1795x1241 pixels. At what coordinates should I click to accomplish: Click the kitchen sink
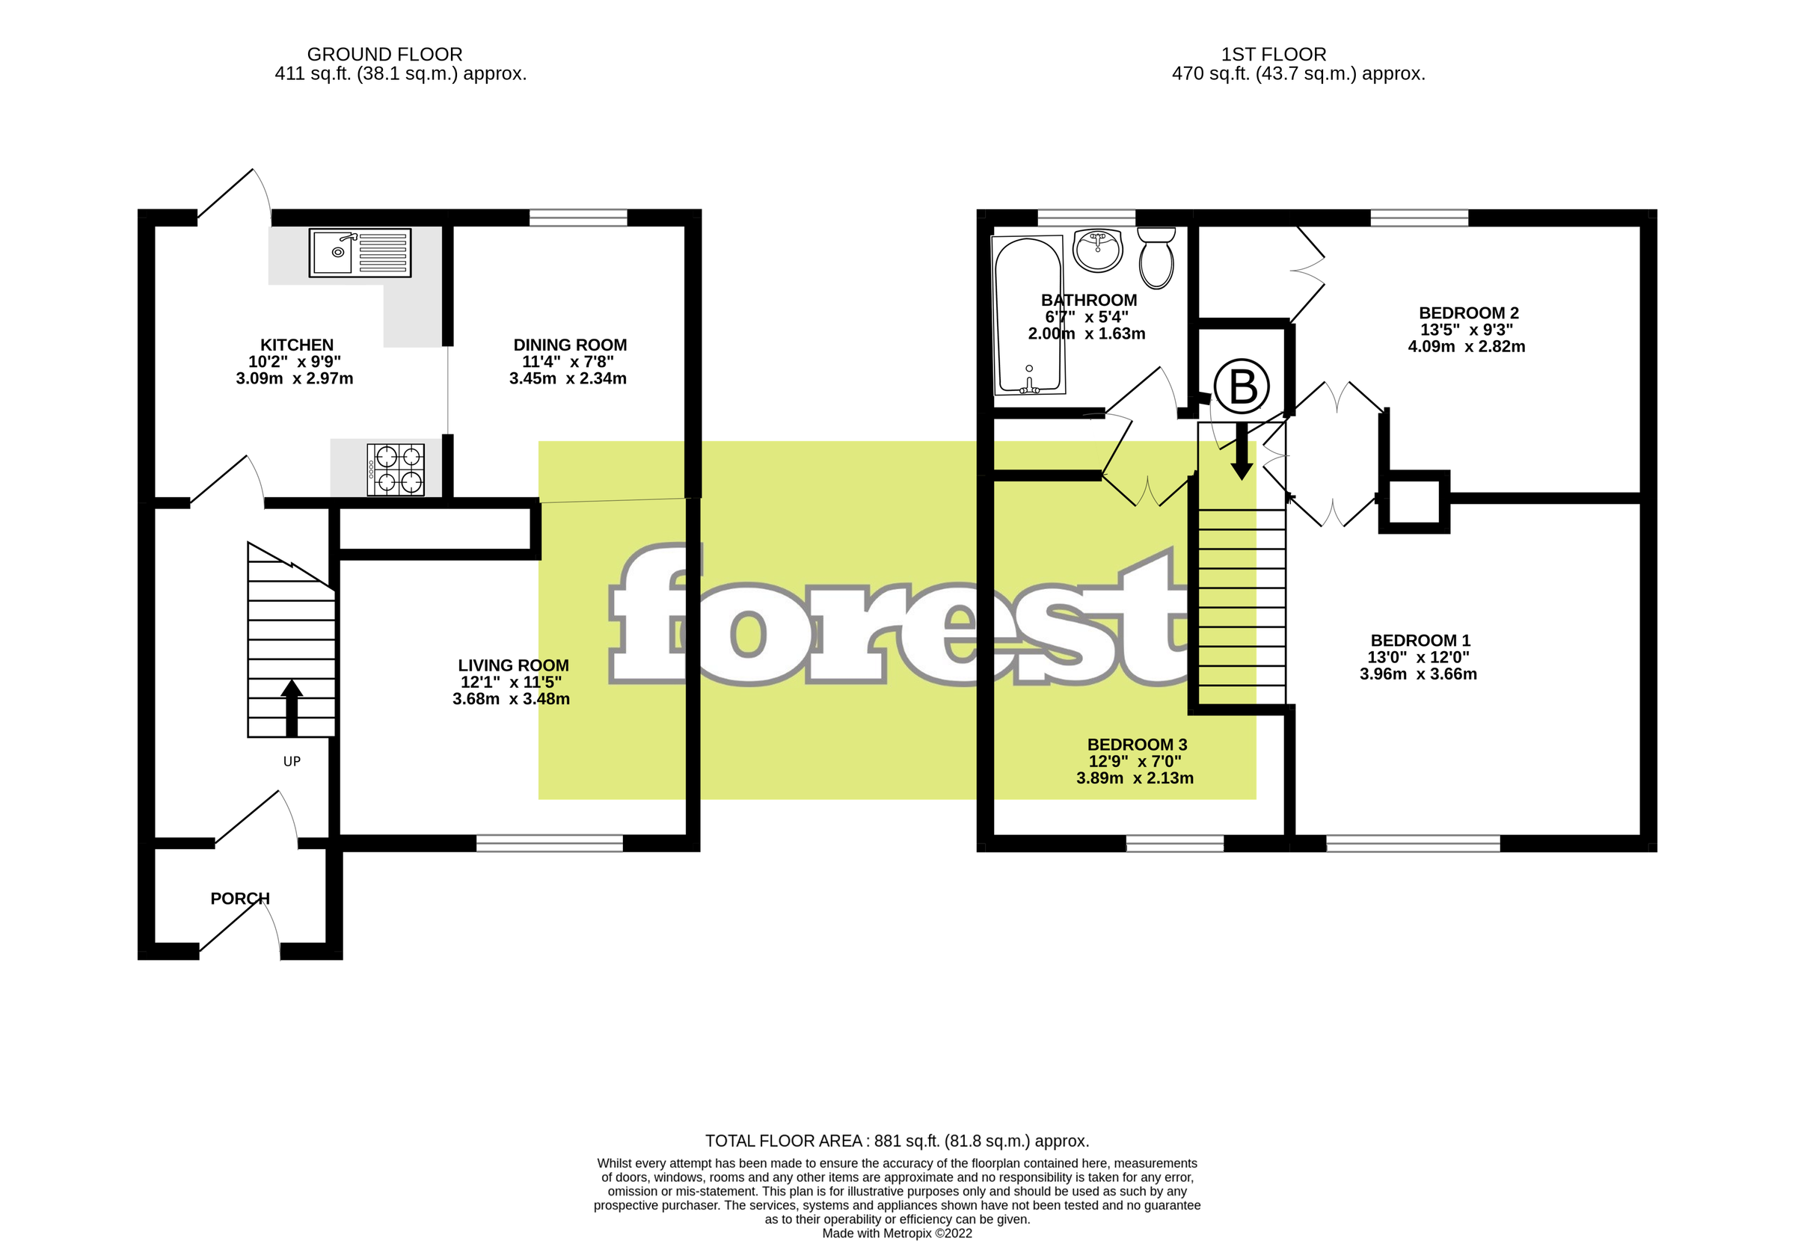pos(359,253)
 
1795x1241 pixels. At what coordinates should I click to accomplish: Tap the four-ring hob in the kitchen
pos(396,469)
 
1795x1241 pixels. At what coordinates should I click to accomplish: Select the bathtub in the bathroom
pos(1029,315)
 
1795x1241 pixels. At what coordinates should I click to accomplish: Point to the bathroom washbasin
pos(1097,250)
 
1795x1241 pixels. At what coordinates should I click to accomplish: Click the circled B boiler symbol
pos(1242,387)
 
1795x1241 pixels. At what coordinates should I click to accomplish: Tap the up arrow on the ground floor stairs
pos(292,706)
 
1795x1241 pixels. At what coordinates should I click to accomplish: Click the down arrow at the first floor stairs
pos(1242,451)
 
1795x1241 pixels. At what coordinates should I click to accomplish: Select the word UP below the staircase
pos(292,761)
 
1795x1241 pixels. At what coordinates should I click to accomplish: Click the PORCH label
pos(240,898)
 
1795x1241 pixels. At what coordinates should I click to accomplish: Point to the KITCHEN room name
pos(296,345)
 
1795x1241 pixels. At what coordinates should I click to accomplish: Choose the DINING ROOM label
pos(570,345)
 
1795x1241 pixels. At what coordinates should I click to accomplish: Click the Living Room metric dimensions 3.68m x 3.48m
pos(511,699)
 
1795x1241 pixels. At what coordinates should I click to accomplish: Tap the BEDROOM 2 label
pos(1468,312)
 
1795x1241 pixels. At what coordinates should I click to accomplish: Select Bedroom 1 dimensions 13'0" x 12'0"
pos(1419,657)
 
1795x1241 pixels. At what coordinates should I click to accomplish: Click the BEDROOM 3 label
pos(1137,744)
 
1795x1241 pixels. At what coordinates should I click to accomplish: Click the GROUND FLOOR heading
pos(384,55)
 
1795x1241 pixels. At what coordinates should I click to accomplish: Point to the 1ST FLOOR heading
pos(1273,55)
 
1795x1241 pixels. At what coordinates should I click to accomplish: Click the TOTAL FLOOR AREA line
pos(897,1141)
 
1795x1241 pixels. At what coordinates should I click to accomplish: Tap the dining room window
pos(578,217)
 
